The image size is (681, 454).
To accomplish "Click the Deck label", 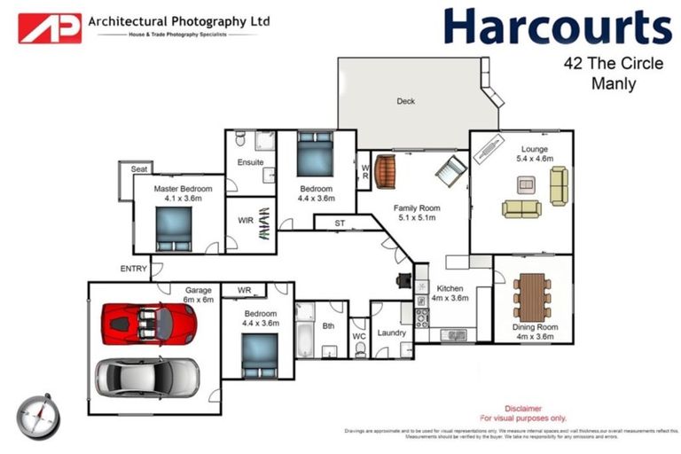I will coord(405,101).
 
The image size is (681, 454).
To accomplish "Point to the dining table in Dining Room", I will coord(532,296).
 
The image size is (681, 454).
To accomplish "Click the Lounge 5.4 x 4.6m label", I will coord(535,154).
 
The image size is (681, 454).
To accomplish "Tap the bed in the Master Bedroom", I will coord(173,230).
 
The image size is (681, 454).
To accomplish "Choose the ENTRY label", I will coord(134,269).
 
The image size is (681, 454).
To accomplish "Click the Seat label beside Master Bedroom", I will coord(138,168).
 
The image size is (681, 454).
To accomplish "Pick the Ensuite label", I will coord(250,163).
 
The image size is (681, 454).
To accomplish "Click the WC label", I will coord(359,337).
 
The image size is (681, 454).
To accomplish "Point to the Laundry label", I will coord(391,333).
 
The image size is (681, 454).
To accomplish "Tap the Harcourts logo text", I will coord(557,27).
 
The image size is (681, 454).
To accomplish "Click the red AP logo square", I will coord(51,27).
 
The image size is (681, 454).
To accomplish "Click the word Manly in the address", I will coord(613,85).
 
